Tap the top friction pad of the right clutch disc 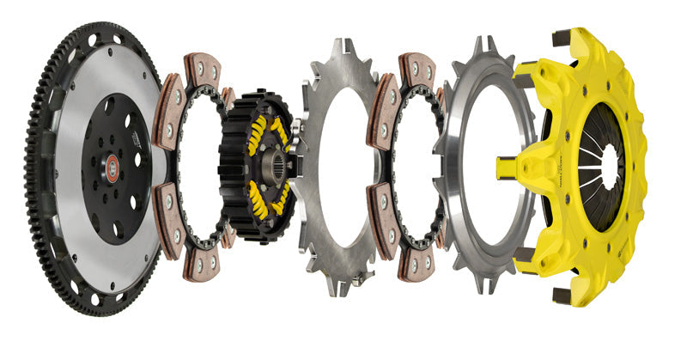point(416,68)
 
